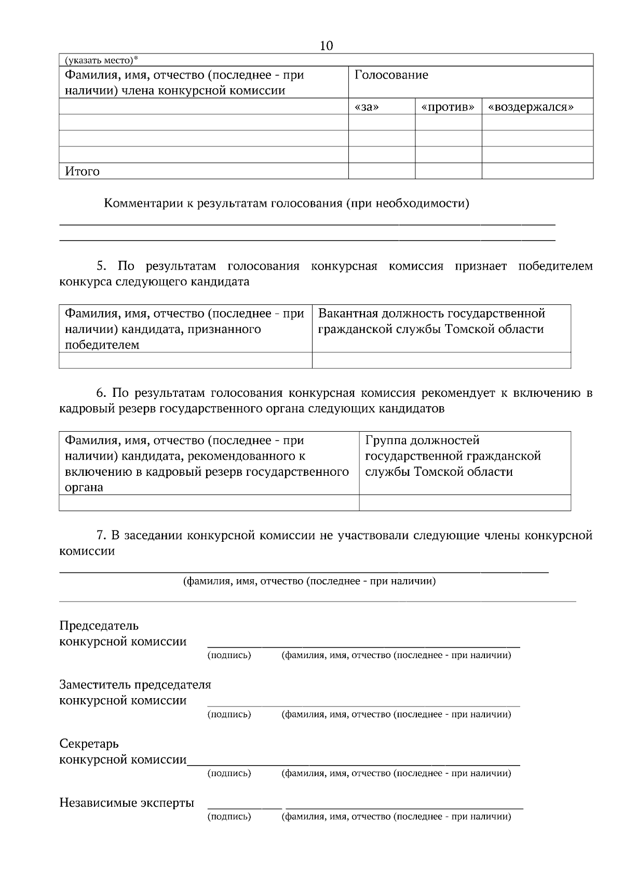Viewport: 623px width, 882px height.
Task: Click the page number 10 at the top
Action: [326, 46]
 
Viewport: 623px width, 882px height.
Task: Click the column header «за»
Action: [367, 107]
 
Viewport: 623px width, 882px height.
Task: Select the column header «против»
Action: [448, 107]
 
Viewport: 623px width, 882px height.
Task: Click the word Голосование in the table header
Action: [391, 75]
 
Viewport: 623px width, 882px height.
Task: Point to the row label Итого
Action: [82, 171]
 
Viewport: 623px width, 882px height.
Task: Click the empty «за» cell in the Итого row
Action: [382, 171]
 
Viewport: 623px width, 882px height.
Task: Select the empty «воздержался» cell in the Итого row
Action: [537, 171]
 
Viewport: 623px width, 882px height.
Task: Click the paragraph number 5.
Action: [101, 266]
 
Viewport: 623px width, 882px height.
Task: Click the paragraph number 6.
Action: [101, 393]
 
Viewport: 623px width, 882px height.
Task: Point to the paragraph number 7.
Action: [101, 536]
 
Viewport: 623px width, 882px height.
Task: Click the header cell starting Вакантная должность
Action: [431, 321]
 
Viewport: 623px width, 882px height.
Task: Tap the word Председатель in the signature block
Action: [99, 625]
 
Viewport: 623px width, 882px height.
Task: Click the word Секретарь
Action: [89, 744]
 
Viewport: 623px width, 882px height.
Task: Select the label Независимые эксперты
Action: [127, 803]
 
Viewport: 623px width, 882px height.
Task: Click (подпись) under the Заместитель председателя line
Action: [229, 714]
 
